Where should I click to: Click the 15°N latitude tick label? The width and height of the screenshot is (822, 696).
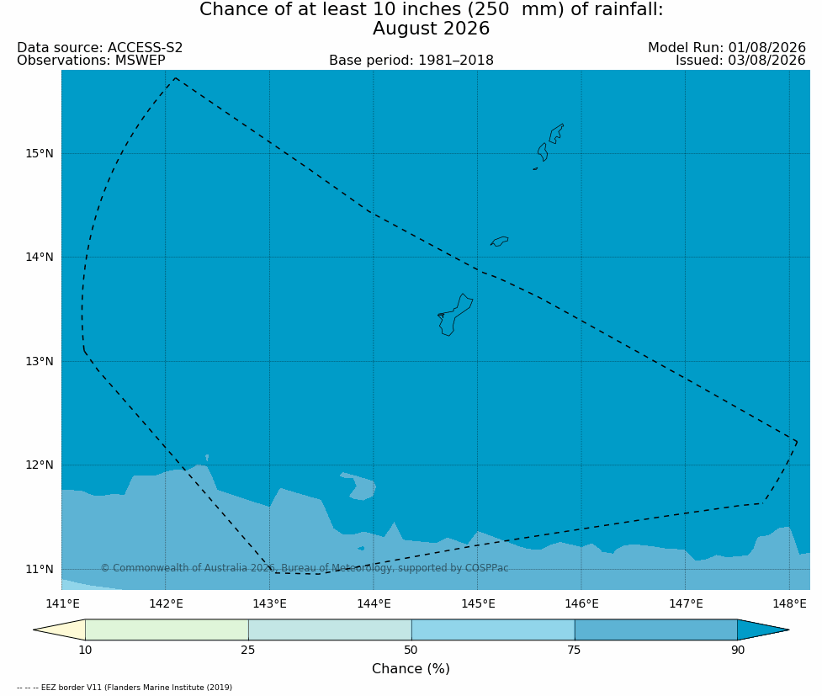[40, 154]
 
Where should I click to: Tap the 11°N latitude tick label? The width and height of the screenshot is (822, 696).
[40, 569]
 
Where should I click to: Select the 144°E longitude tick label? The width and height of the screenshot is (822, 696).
[374, 603]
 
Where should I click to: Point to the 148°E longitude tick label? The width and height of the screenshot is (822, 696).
[789, 603]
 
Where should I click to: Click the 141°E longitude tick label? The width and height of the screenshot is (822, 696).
[62, 603]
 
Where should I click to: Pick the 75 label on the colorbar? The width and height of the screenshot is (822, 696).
[574, 651]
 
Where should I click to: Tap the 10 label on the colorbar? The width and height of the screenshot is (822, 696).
[85, 651]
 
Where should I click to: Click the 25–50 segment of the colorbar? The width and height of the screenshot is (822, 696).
[330, 630]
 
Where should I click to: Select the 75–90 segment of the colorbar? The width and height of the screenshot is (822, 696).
[655, 630]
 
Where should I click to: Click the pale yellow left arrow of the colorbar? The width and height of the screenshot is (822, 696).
[66, 630]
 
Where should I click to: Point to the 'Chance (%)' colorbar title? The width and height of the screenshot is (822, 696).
[411, 669]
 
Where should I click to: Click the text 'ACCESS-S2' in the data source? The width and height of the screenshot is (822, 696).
[146, 48]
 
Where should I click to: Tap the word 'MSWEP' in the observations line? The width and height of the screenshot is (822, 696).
[140, 61]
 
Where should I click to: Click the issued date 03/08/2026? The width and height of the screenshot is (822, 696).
[767, 61]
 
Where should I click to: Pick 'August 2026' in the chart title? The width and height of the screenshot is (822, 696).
[431, 29]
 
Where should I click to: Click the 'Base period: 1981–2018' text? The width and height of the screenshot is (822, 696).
[411, 61]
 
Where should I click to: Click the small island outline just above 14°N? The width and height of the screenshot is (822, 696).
[500, 242]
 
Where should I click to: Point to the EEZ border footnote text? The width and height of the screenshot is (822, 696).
[125, 687]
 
